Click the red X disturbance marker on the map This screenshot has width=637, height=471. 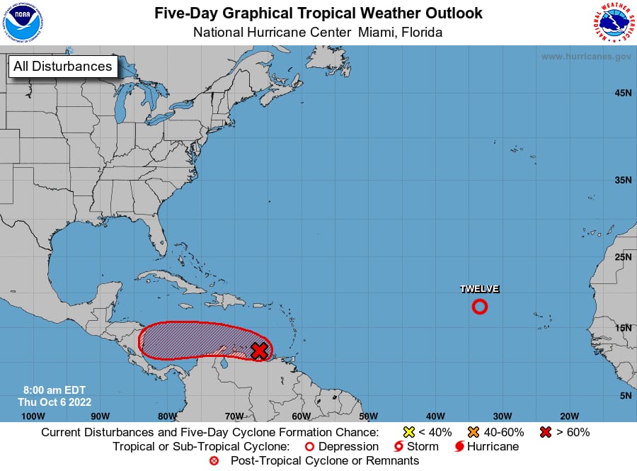pyautogui.click(x=260, y=350)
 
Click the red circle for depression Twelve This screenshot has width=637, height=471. pyautogui.click(x=480, y=307)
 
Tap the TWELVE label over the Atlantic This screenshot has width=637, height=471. pyautogui.click(x=480, y=289)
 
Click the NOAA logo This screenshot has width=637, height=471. pyautogui.click(x=23, y=23)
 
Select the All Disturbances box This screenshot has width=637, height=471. pyautogui.click(x=62, y=67)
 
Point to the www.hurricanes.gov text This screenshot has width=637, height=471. pyautogui.click(x=586, y=57)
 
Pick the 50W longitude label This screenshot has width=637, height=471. pyautogui.click(x=368, y=416)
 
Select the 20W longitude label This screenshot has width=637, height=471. pyautogui.click(x=570, y=416)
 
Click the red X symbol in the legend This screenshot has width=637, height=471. pyautogui.click(x=546, y=432)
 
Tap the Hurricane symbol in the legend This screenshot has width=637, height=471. pyautogui.click(x=460, y=447)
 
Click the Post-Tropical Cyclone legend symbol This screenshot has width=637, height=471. pyautogui.click(x=214, y=461)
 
